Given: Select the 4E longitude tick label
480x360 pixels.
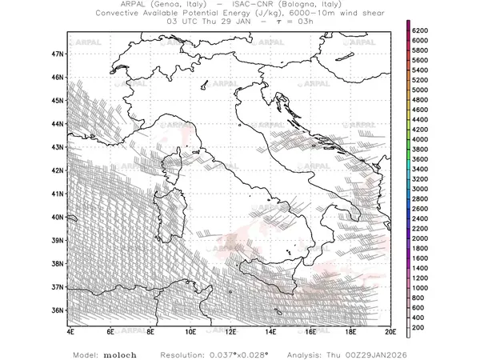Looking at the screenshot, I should point(70,330).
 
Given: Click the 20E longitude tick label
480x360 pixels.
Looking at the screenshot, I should point(390,330).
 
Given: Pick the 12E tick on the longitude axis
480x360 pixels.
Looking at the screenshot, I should point(230,330).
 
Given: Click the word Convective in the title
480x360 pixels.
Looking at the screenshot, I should point(120,14).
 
